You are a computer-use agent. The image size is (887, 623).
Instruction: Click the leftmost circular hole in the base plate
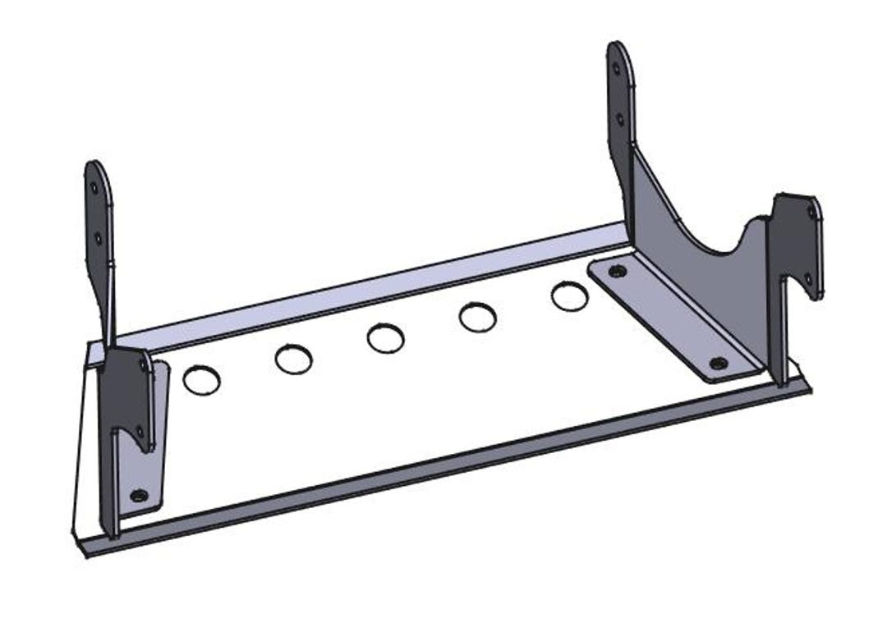click(x=201, y=379)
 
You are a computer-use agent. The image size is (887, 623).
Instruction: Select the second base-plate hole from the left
click(x=293, y=359)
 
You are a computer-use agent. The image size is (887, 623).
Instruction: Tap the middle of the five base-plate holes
click(x=385, y=338)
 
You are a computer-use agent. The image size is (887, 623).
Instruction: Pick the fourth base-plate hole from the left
click(x=477, y=317)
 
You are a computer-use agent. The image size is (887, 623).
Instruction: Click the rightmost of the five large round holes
click(x=569, y=296)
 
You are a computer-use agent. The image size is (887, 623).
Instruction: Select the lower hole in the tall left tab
click(x=98, y=238)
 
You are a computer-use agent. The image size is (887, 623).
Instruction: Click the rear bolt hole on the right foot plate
click(x=618, y=271)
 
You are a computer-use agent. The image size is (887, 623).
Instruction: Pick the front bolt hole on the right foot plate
click(x=719, y=363)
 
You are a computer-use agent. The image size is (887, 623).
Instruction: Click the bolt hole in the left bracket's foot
click(x=139, y=495)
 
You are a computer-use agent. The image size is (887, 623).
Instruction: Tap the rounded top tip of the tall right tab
click(x=618, y=48)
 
